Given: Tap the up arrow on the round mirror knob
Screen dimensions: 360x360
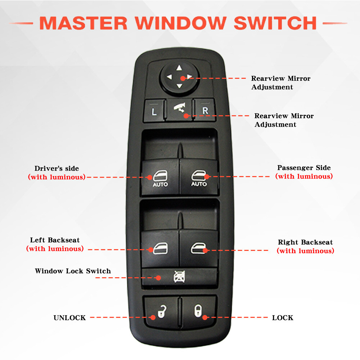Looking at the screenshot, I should pos(179,68).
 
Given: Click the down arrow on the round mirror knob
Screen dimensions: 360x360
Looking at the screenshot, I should pos(179,86).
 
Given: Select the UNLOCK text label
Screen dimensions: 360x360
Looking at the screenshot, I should pos(69,318).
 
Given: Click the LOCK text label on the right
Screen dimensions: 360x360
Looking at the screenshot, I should pos(283,318).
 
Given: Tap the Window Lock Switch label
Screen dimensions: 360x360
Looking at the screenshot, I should pos(73,271).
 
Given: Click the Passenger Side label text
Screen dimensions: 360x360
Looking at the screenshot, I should pos(303,168).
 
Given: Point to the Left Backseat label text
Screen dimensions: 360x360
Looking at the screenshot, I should pos(55,240).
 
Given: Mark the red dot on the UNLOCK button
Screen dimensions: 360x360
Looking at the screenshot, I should pos(152,317).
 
